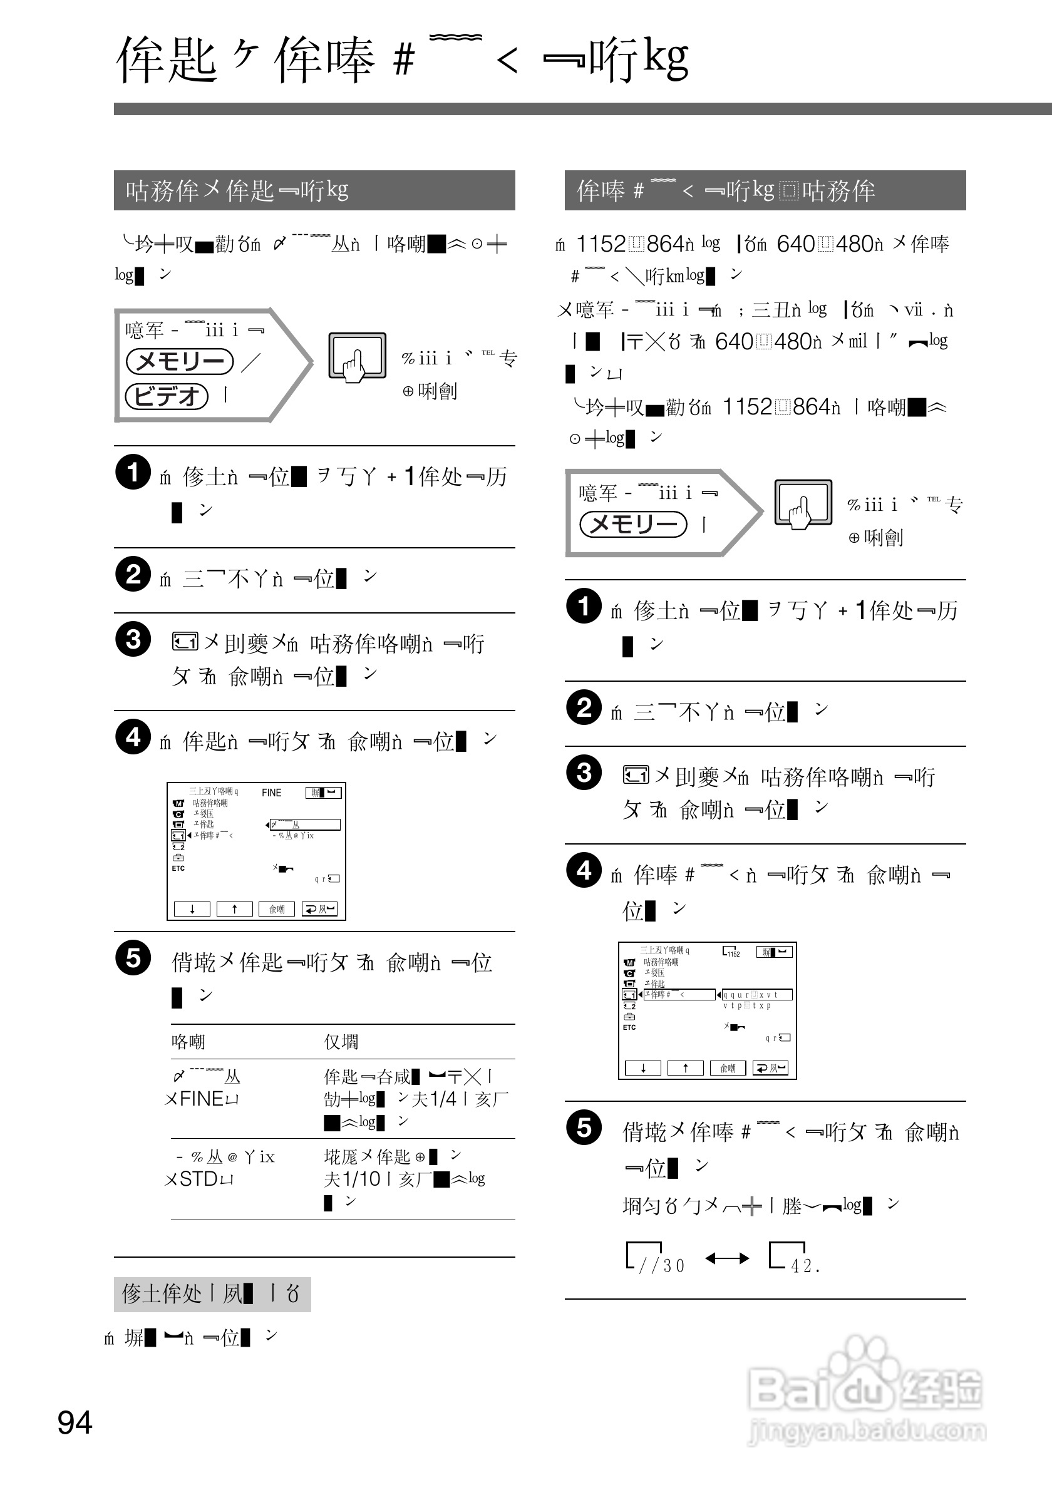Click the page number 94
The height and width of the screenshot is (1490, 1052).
click(75, 1422)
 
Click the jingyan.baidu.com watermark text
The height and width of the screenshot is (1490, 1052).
click(867, 1431)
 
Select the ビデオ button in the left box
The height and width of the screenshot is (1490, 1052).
click(167, 395)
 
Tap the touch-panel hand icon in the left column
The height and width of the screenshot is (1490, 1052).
click(357, 357)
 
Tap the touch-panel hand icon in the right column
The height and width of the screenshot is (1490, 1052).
click(803, 504)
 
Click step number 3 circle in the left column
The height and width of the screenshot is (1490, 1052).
click(133, 639)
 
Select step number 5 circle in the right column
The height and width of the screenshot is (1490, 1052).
click(584, 1128)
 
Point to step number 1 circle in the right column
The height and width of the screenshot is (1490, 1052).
click(584, 606)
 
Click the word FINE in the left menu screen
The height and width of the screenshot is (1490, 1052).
click(271, 793)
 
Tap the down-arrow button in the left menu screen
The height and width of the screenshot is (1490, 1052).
click(192, 909)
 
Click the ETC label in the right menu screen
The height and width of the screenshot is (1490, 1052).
click(629, 1027)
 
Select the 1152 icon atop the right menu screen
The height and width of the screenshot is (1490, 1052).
click(731, 952)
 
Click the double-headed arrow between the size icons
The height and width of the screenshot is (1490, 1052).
click(727, 1259)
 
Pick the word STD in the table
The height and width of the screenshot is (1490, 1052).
click(199, 1179)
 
